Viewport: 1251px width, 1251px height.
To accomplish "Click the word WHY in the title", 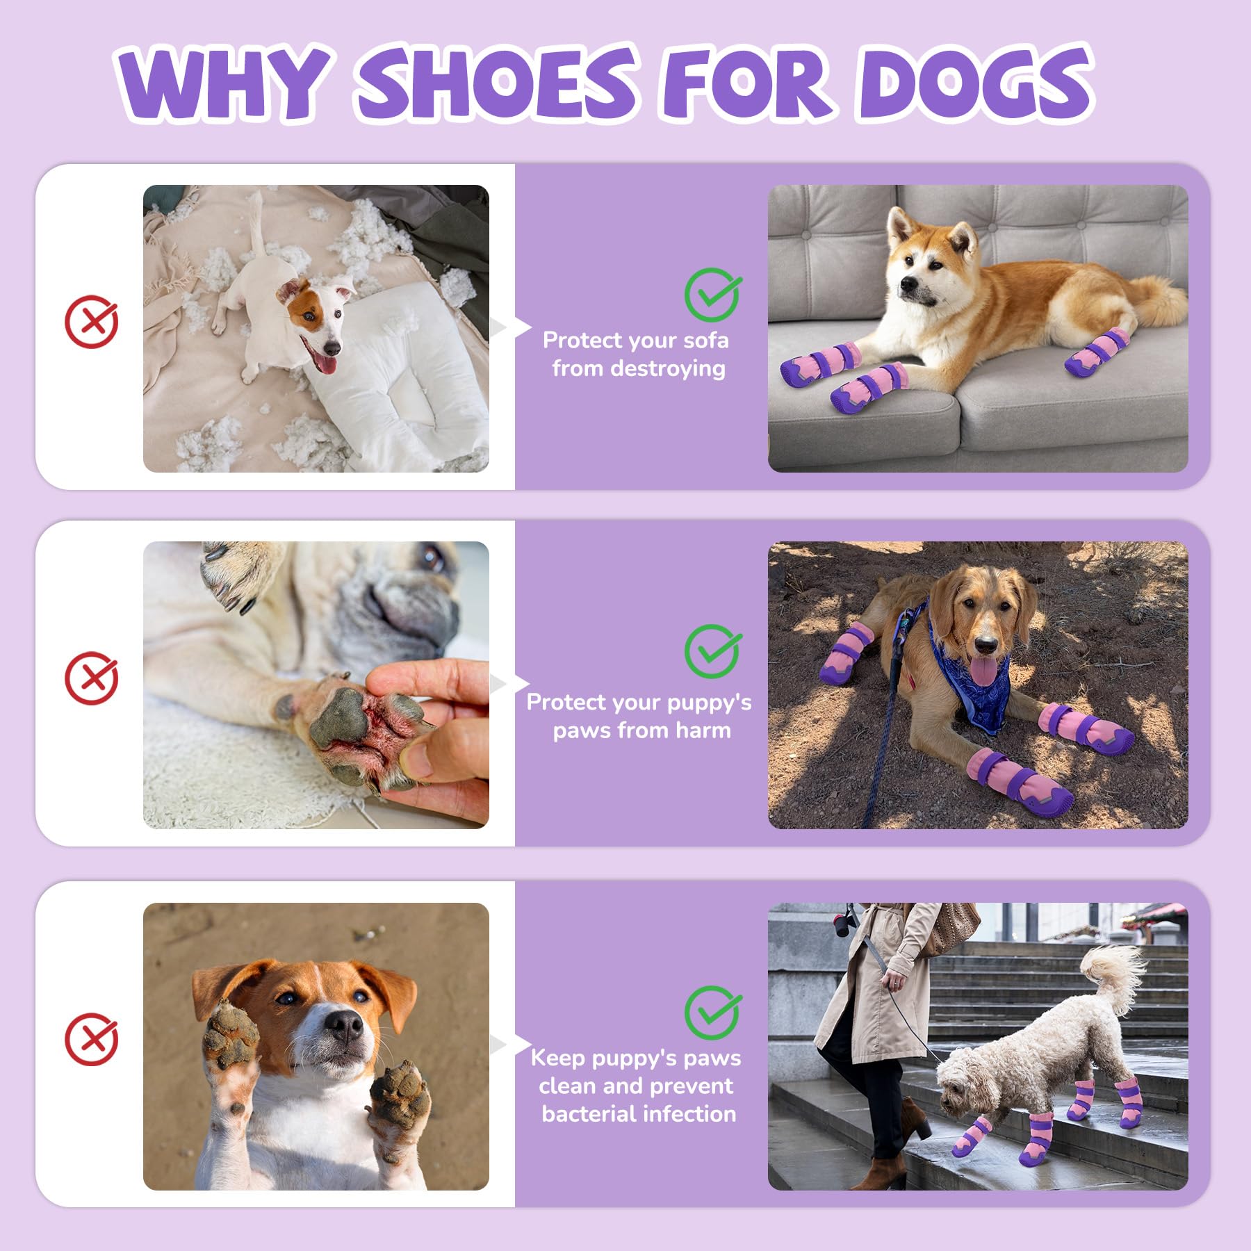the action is [x=221, y=82].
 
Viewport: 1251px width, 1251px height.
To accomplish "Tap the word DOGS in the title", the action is [x=976, y=82].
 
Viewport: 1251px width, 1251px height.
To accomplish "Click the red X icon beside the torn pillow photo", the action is [x=91, y=321].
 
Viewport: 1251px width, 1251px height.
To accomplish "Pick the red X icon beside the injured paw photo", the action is [x=91, y=678].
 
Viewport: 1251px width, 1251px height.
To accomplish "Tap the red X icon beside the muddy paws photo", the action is [x=91, y=1040].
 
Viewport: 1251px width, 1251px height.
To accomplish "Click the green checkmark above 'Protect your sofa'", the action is [x=712, y=294].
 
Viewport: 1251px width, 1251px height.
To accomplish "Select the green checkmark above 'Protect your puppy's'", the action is [x=712, y=651].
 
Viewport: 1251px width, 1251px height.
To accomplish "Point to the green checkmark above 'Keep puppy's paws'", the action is [x=712, y=1012].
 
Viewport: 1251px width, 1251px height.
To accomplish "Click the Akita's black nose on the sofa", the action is [x=906, y=284].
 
